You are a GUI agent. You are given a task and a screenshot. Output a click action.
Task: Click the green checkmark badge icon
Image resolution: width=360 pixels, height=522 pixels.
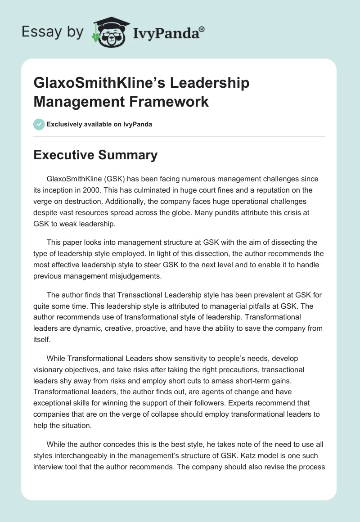39,124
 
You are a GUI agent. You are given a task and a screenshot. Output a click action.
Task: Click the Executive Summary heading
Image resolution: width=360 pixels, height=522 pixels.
95,155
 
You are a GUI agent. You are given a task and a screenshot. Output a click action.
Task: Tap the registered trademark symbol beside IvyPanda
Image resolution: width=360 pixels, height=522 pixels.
202,30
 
